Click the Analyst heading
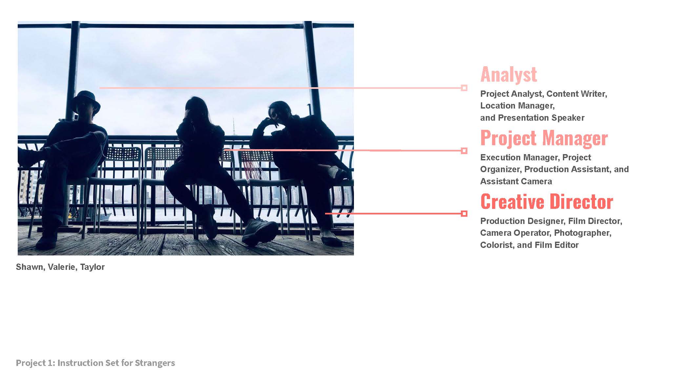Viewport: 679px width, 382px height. pos(508,74)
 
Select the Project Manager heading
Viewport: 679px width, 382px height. pos(544,138)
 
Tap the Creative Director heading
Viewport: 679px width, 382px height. pos(546,201)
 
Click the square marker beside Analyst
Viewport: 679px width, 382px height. pos(464,88)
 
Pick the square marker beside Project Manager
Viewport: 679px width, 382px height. pos(464,151)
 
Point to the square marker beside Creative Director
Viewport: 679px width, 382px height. pos(464,214)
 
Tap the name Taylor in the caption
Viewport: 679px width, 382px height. pos(93,267)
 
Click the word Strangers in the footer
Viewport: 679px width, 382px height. pos(155,363)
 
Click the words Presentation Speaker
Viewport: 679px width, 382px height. pos(541,118)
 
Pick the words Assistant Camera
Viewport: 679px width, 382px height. pos(516,181)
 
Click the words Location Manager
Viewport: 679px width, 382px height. pos(517,106)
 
